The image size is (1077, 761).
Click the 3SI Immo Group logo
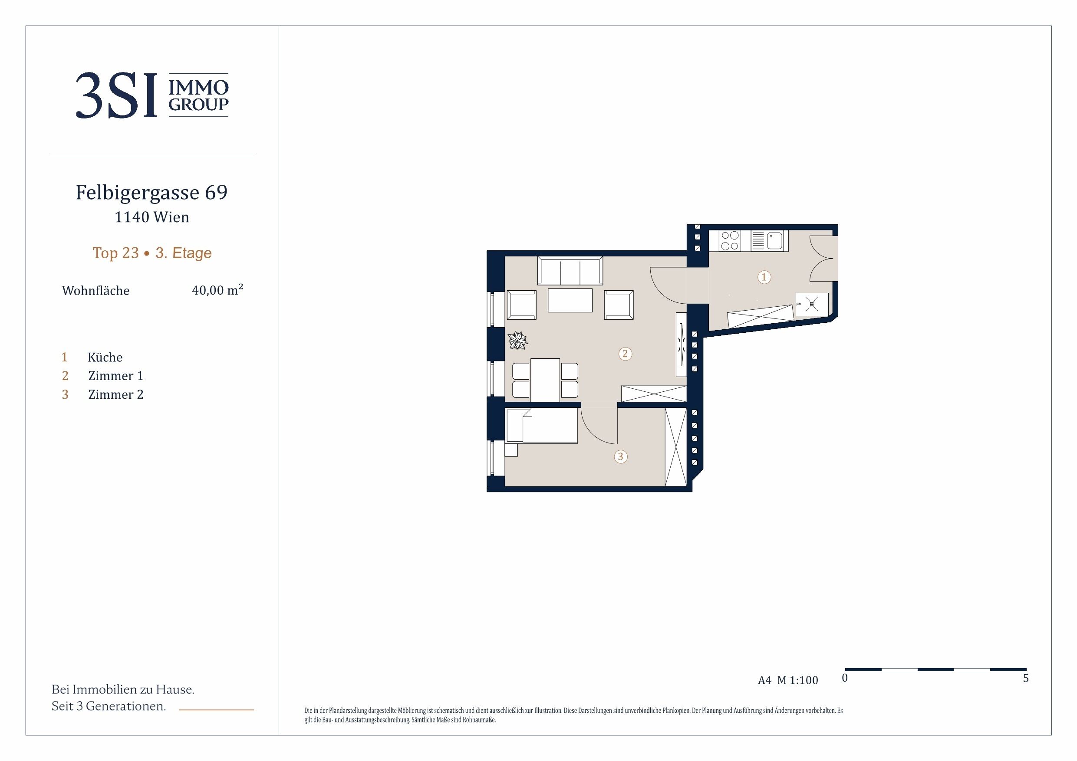[x=152, y=95]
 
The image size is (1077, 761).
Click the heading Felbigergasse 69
[x=152, y=192]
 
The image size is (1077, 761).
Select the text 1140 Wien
[x=152, y=217]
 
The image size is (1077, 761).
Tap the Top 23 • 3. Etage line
[x=152, y=253]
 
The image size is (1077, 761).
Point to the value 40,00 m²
[x=217, y=290]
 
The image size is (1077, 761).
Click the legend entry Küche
[x=105, y=358]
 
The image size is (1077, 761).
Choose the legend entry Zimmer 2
[x=116, y=395]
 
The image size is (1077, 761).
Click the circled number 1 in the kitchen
[x=764, y=277]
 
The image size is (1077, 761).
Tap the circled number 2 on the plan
[x=625, y=354]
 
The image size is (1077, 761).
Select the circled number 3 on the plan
[x=621, y=456]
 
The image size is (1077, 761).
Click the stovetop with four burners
[x=729, y=241]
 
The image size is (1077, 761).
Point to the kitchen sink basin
[x=774, y=241]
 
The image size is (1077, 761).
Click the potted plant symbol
[x=518, y=341]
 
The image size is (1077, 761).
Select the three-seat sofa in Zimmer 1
[x=570, y=271]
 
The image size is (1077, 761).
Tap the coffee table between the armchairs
[x=570, y=300]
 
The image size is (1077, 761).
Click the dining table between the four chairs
[x=545, y=380]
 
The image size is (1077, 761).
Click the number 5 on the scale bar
[x=1026, y=678]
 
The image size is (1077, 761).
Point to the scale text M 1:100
[x=797, y=680]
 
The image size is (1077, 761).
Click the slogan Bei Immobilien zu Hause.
[x=123, y=689]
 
